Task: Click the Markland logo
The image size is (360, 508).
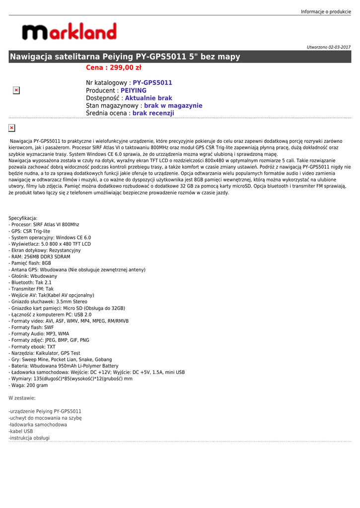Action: tap(69, 32)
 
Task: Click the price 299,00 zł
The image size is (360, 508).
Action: tap(114, 68)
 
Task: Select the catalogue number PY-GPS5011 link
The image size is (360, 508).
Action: tap(152, 83)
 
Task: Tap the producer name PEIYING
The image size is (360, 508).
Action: tap(134, 91)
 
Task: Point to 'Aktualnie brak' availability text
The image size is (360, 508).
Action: tap(148, 98)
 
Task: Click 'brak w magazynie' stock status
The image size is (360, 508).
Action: tap(173, 106)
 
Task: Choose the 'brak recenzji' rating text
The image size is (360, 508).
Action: tap(153, 113)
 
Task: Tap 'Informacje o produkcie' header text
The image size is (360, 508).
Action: tap(326, 12)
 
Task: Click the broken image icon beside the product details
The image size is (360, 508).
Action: tap(16, 90)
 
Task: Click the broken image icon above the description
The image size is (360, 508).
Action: tap(11, 128)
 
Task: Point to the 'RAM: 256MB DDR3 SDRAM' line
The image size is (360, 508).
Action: tap(40, 257)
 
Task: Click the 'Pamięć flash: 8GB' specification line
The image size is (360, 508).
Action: tap(30, 263)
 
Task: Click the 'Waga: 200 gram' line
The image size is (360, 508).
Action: tap(28, 385)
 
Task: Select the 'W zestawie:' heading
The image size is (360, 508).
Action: tap(22, 398)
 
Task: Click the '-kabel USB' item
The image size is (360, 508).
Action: tap(21, 432)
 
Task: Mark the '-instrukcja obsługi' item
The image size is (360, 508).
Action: tap(29, 438)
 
